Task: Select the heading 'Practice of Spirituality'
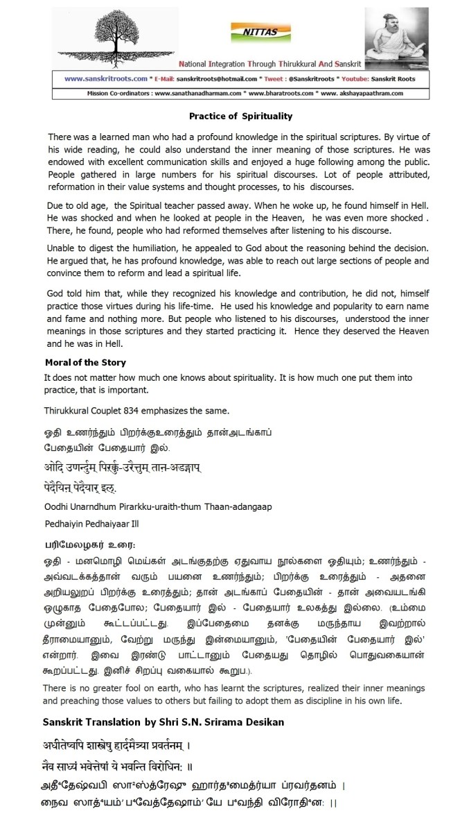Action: tap(241, 116)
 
